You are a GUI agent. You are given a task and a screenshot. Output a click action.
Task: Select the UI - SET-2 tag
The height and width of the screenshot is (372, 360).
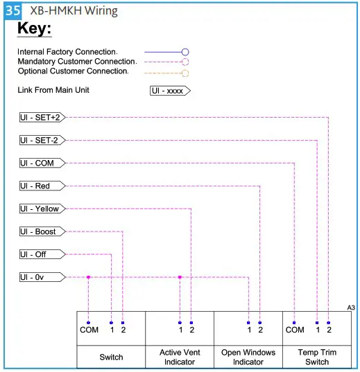41,141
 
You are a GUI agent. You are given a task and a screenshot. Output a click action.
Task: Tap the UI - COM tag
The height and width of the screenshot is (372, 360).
41,163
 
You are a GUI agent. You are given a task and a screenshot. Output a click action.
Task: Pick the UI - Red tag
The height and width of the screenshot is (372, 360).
41,186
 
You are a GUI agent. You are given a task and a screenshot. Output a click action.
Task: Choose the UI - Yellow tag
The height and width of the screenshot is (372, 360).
41,209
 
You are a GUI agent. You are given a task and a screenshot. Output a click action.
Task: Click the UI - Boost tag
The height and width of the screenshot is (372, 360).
41,232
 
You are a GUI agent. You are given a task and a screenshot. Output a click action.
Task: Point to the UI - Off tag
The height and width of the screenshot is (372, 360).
41,255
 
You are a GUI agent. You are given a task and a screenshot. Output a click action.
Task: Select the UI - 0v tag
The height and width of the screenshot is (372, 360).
41,278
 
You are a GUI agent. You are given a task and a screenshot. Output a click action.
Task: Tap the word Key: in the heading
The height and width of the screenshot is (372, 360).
35,30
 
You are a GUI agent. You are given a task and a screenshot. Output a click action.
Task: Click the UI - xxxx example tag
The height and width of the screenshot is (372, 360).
170,91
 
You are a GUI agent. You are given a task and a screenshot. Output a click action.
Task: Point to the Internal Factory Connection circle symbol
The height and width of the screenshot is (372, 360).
185,52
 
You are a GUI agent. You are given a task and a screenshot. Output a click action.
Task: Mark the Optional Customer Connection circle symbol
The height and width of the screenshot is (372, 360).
185,72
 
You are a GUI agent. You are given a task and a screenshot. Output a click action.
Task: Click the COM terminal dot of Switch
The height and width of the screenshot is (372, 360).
88,323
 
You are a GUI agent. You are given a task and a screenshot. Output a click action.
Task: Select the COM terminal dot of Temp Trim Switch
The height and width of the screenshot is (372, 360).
294,323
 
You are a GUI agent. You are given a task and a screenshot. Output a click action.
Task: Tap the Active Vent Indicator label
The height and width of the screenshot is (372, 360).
180,357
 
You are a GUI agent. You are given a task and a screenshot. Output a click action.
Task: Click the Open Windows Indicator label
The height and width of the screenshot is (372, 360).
248,357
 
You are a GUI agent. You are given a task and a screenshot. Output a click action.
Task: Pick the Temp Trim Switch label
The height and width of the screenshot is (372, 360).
316,357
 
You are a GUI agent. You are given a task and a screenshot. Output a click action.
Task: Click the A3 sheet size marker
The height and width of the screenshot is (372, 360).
350,307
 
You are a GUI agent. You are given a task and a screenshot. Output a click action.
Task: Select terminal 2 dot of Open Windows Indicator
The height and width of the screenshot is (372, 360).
259,323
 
